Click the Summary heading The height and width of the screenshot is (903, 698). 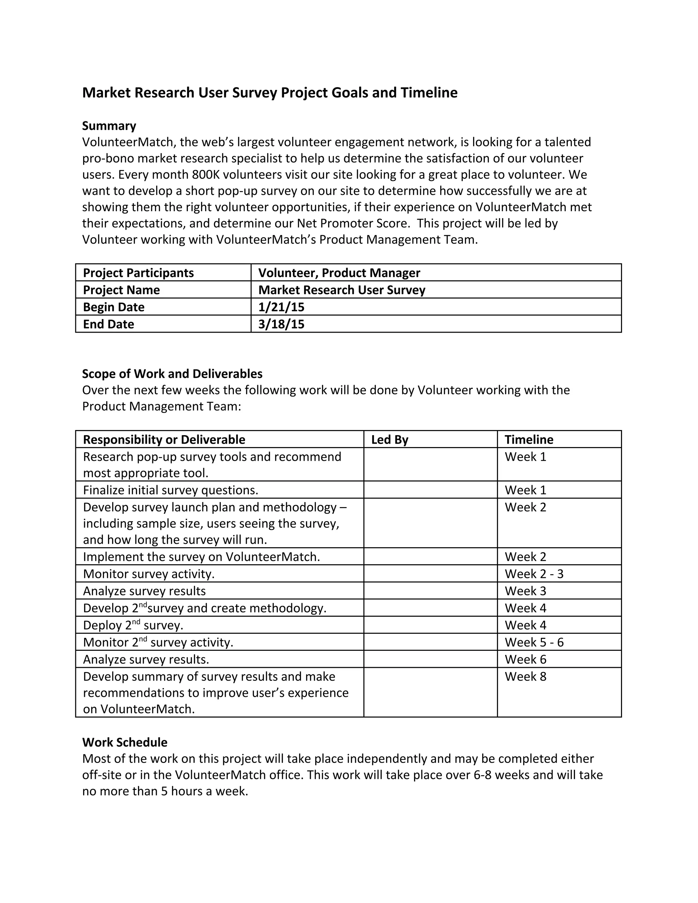point(109,126)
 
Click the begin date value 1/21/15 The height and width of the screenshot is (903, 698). point(281,307)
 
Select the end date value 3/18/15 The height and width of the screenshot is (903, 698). point(281,324)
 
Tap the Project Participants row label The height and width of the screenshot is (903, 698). point(138,273)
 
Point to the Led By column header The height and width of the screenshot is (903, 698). point(390,440)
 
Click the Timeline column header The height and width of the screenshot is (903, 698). point(529,440)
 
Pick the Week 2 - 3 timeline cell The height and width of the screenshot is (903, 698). point(534,574)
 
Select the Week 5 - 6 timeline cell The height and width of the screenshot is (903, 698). point(534,642)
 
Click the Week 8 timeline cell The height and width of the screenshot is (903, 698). point(525,676)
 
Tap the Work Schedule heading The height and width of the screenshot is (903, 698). point(124,742)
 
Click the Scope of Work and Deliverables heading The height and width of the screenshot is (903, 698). point(172,374)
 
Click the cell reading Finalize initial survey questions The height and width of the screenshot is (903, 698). point(170,490)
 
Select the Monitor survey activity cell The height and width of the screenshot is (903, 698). point(149,574)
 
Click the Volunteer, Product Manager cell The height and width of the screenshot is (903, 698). point(339,273)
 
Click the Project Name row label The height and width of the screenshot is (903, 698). point(121,290)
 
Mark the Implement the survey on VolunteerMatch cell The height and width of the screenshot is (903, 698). point(201,557)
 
